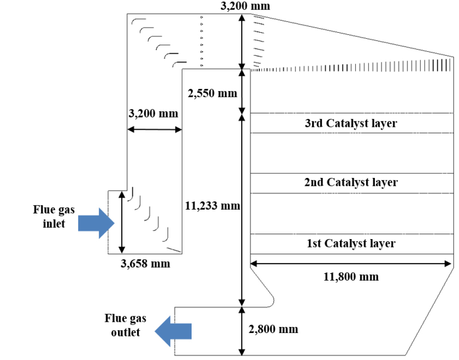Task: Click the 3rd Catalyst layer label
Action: tap(351, 123)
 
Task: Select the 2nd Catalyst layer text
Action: tap(351, 182)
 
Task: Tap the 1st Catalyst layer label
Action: tap(351, 243)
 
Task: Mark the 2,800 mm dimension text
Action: tap(273, 329)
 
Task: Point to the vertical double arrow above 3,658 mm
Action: tap(122, 222)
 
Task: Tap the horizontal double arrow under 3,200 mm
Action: tap(154, 130)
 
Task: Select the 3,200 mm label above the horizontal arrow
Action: tap(152, 113)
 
